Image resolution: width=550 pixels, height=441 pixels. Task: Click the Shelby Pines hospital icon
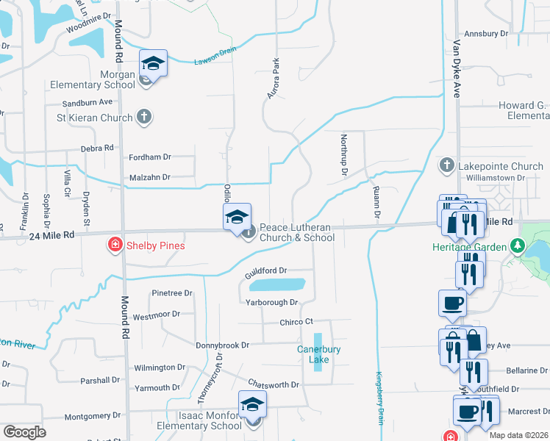click(115, 245)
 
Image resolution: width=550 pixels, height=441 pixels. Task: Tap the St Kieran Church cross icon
click(145, 117)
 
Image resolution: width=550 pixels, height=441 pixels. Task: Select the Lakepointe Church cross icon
click(446, 166)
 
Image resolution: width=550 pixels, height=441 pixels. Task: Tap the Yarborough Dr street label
click(272, 302)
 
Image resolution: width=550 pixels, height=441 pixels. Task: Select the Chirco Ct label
click(296, 322)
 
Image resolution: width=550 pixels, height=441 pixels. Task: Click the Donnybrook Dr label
click(223, 345)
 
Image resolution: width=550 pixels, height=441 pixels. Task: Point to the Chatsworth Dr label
click(274, 384)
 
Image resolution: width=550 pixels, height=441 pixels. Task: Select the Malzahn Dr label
click(149, 177)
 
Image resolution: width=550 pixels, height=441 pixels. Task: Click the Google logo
click(24, 432)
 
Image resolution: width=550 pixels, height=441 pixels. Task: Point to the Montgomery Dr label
click(92, 416)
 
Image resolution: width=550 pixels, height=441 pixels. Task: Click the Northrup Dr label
click(343, 154)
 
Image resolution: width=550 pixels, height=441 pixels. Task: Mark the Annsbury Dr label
click(482, 34)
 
